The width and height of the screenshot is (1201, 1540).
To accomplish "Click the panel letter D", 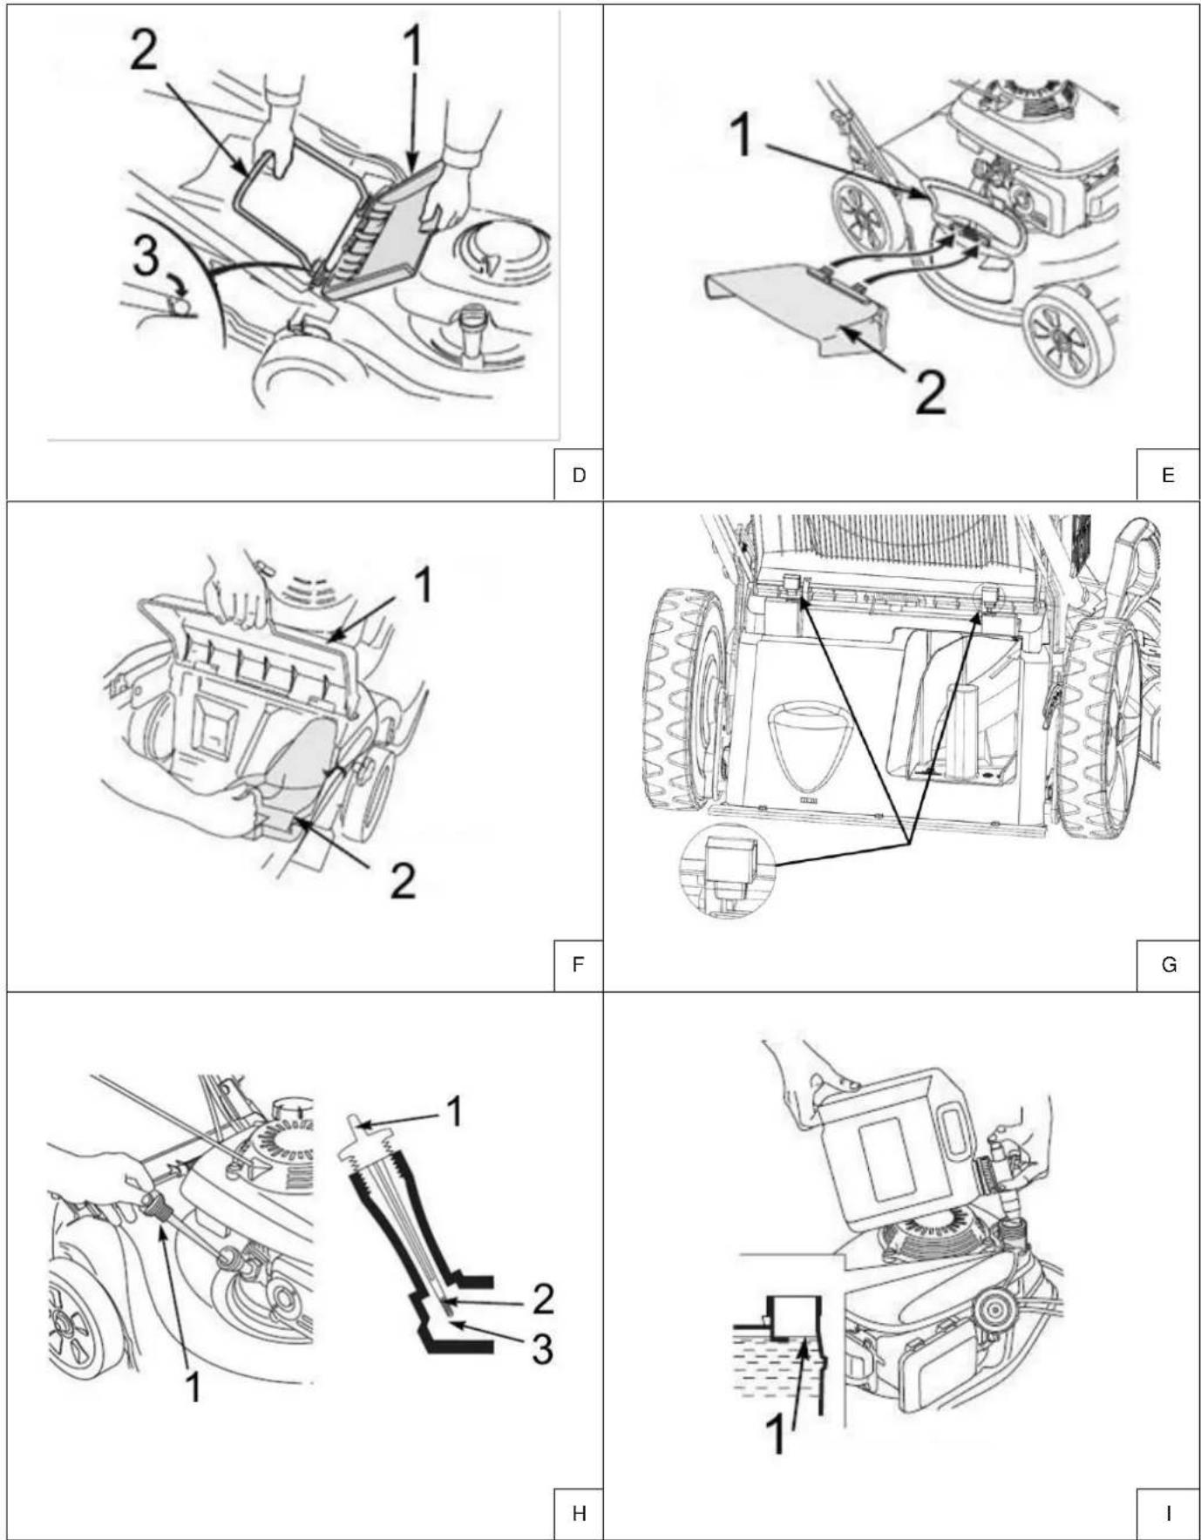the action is pyautogui.click(x=579, y=475).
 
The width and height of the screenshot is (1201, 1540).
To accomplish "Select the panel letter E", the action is pyautogui.click(x=1168, y=475).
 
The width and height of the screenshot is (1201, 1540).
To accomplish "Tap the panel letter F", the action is pyautogui.click(x=578, y=965).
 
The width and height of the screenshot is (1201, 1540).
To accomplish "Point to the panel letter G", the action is pyautogui.click(x=1169, y=965).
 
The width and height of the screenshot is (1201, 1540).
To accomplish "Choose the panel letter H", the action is pyautogui.click(x=579, y=1514).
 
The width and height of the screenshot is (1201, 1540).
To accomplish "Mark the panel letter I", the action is pyautogui.click(x=1168, y=1514).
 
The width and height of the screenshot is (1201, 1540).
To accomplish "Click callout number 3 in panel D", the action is pyautogui.click(x=146, y=259).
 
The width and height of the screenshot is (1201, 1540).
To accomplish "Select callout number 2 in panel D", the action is pyautogui.click(x=145, y=51).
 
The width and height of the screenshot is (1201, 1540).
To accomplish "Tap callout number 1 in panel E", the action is pyautogui.click(x=742, y=137).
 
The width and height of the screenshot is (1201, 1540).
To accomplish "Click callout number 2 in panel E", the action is pyautogui.click(x=930, y=393).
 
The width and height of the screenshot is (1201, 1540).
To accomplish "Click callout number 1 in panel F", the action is pyautogui.click(x=423, y=585).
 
